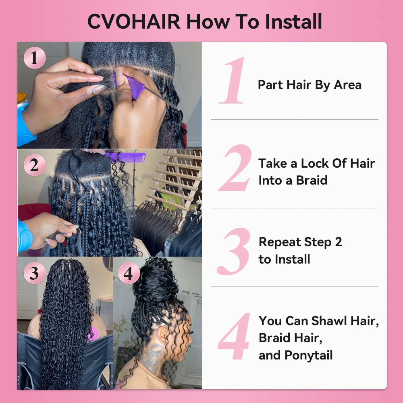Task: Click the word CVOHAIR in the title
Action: [134, 21]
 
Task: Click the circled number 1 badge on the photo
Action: [34, 58]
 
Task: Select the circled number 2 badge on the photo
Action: [34, 166]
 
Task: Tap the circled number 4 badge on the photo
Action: [128, 274]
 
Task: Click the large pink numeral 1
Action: [233, 81]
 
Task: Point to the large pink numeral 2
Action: [235, 168]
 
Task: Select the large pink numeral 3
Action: [234, 251]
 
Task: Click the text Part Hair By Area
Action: [310, 85]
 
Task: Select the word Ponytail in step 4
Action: [309, 355]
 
